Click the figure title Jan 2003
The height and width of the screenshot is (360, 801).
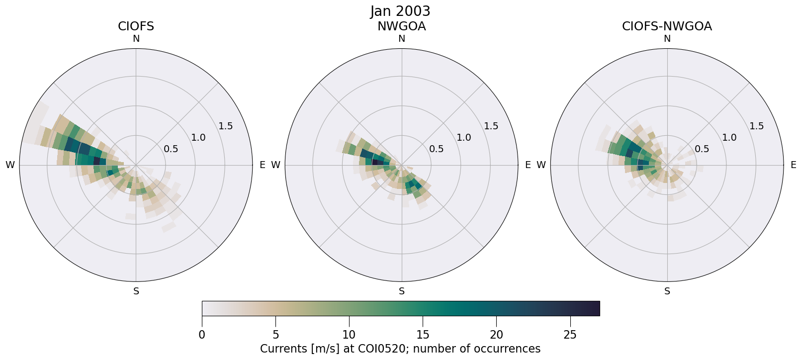pos(400,11)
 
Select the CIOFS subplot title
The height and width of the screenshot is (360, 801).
pos(136,26)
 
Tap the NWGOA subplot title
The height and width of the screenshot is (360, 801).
pos(401,26)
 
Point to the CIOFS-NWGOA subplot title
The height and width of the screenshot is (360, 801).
pos(667,26)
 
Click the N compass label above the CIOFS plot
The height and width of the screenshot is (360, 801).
pos(136,39)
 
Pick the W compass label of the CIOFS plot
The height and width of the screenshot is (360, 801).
pos(10,165)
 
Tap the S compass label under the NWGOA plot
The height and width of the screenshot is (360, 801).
pos(402,291)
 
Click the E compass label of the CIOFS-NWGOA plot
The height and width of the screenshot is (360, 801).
pos(793,165)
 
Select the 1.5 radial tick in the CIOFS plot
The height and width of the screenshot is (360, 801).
pos(225,126)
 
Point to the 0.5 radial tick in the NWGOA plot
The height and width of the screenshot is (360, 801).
pos(437,149)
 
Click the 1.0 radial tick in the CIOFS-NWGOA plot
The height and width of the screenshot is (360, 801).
pos(729,138)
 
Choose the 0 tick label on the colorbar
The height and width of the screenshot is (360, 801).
pos(202,335)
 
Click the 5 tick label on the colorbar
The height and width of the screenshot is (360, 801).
pos(275,335)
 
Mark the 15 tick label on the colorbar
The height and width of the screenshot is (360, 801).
pos(423,335)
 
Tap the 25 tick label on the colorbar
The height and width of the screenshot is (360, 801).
pos(570,335)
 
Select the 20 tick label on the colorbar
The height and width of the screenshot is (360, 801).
pos(496,335)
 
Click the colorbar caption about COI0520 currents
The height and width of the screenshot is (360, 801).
pos(400,349)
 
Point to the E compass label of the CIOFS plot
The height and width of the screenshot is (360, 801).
pos(262,165)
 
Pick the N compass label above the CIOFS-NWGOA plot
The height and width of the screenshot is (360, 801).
pos(667,39)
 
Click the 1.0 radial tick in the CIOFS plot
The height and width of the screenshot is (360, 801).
pos(198,138)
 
